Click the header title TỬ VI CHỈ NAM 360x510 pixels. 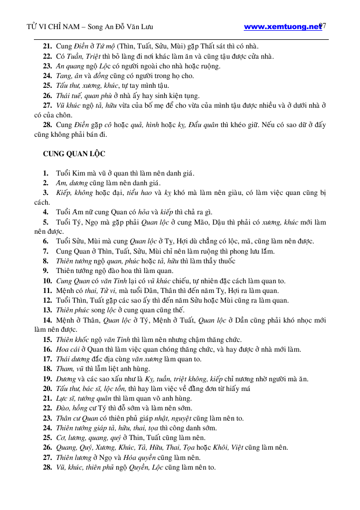[x=54, y=26]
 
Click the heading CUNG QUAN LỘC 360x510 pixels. [x=74, y=153]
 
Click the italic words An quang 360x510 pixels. [x=68, y=66]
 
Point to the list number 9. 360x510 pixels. [x=46, y=271]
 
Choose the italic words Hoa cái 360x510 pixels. [x=68, y=349]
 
